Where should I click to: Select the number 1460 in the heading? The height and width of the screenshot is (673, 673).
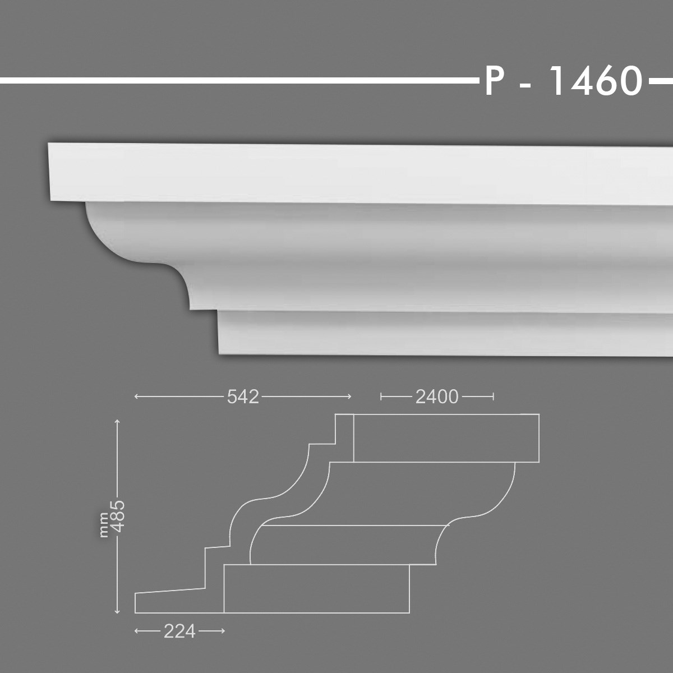[594, 82]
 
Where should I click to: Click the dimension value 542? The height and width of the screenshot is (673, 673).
[243, 397]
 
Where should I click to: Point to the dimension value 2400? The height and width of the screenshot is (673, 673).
[437, 397]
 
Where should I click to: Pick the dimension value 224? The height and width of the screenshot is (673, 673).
[179, 631]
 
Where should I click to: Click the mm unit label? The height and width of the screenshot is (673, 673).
[104, 527]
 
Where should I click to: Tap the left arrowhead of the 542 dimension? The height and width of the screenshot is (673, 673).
[137, 397]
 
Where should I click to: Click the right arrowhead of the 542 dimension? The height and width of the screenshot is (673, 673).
[349, 397]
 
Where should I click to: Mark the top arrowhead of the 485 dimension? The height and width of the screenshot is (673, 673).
[117, 421]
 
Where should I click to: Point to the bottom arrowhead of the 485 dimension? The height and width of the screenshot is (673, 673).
[117, 611]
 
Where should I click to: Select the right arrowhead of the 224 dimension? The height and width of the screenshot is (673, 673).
[223, 631]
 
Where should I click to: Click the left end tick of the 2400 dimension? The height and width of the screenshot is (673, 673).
[381, 397]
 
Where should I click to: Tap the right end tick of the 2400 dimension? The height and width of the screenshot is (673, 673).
[494, 397]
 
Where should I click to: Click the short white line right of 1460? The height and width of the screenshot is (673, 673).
[661, 82]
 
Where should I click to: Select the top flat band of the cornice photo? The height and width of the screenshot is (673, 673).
[336, 171]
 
